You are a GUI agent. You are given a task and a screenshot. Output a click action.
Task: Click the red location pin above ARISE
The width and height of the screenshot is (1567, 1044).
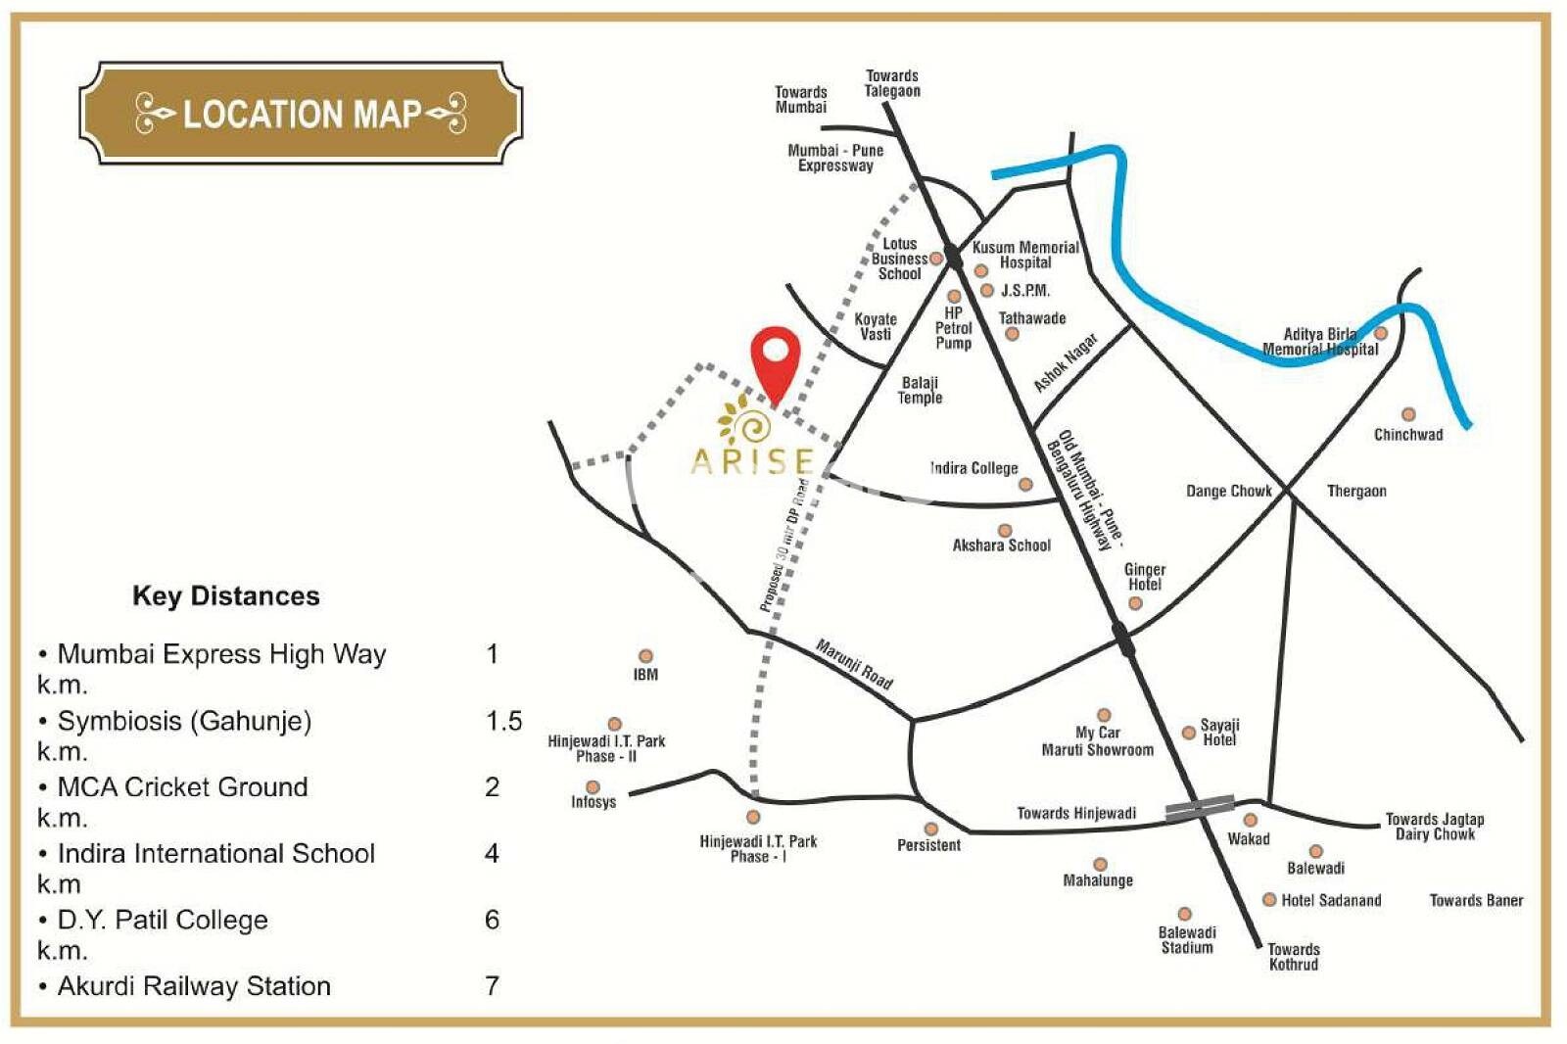pyautogui.click(x=775, y=358)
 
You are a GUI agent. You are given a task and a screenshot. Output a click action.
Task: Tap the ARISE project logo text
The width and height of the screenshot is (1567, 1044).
pyautogui.click(x=752, y=460)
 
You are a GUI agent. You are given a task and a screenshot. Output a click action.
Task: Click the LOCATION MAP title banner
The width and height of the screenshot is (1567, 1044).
pyautogui.click(x=300, y=114)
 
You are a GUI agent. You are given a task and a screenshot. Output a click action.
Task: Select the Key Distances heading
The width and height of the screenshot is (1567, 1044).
pyautogui.click(x=225, y=595)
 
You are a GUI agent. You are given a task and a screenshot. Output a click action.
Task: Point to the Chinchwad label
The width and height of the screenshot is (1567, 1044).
pyautogui.click(x=1407, y=435)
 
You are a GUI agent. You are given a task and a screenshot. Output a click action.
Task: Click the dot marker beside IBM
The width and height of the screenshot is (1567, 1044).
pyautogui.click(x=645, y=656)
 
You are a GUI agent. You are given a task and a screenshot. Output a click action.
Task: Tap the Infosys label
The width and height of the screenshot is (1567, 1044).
pyautogui.click(x=594, y=802)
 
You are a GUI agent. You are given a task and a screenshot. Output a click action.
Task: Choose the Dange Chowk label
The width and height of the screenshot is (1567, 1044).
pyautogui.click(x=1228, y=491)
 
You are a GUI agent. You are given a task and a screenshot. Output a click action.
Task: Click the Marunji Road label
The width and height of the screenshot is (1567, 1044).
pyautogui.click(x=854, y=664)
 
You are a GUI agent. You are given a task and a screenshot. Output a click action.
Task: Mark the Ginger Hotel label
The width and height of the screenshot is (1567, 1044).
pyautogui.click(x=1144, y=577)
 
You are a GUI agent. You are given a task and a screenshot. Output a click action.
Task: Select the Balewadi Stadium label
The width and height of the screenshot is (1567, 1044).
pyautogui.click(x=1186, y=940)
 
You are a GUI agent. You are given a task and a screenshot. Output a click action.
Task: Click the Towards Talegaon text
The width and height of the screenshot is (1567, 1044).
pyautogui.click(x=891, y=83)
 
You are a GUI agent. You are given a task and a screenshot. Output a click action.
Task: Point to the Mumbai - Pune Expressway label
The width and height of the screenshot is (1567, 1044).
pyautogui.click(x=835, y=158)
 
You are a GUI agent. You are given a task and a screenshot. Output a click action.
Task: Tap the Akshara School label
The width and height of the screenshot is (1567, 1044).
pyautogui.click(x=1001, y=546)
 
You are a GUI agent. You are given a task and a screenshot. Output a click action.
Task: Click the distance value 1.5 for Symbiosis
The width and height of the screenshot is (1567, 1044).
pyautogui.click(x=503, y=721)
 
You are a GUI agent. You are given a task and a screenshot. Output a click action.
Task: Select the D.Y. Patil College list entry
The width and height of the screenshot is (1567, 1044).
pyautogui.click(x=163, y=920)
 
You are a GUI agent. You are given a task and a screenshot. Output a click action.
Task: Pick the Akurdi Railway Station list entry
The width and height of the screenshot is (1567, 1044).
pyautogui.click(x=194, y=986)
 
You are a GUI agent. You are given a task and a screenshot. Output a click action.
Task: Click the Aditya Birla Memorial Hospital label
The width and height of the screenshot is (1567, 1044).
pyautogui.click(x=1319, y=342)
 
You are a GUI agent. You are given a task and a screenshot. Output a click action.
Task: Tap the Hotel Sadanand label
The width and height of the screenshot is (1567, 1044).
pyautogui.click(x=1330, y=900)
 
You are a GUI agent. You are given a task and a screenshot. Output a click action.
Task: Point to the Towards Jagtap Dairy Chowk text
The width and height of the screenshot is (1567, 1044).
pyautogui.click(x=1434, y=827)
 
